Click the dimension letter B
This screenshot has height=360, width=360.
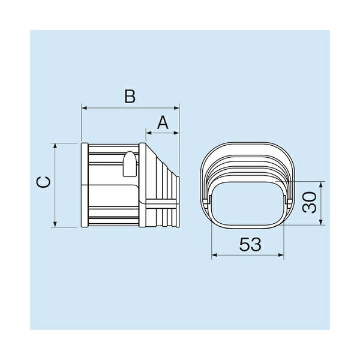(x=130, y=96)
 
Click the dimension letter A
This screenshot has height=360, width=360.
(x=163, y=122)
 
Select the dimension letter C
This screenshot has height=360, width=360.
(x=43, y=182)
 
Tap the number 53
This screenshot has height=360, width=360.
(x=250, y=244)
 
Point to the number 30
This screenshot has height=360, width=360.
(x=309, y=202)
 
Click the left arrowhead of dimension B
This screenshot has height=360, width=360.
(x=84, y=108)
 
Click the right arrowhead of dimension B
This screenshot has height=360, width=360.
(x=176, y=108)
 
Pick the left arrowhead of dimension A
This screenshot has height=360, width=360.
(x=149, y=133)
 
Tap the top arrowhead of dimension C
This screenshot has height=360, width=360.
(x=55, y=146)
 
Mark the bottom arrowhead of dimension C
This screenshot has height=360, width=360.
(x=55, y=224)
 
